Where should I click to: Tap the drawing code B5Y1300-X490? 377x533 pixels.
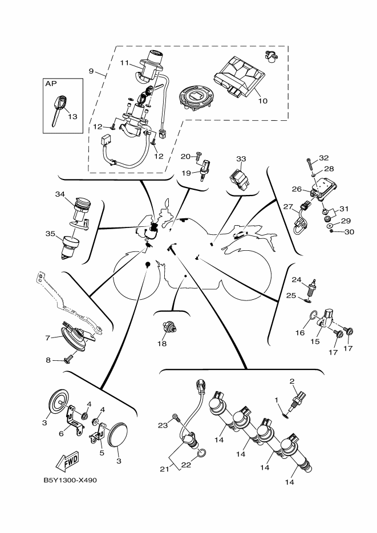[70, 480]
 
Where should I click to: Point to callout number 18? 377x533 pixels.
[163, 343]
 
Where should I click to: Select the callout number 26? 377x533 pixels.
[296, 189]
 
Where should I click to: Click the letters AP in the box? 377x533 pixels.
[51, 84]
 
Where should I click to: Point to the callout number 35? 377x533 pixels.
[50, 233]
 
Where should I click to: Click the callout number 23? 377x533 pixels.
[161, 425]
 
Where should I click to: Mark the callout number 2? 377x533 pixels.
[292, 381]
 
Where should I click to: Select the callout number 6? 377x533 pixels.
[62, 433]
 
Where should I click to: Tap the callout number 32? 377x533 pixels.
[324, 157]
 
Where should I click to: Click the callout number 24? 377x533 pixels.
[296, 279]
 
